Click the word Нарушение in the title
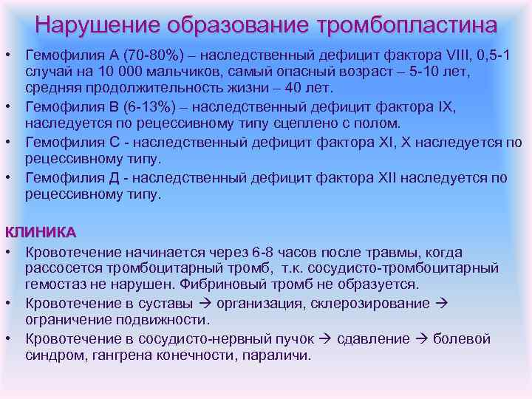[98, 25]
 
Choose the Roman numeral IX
[446, 106]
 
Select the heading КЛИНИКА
[41, 232]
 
